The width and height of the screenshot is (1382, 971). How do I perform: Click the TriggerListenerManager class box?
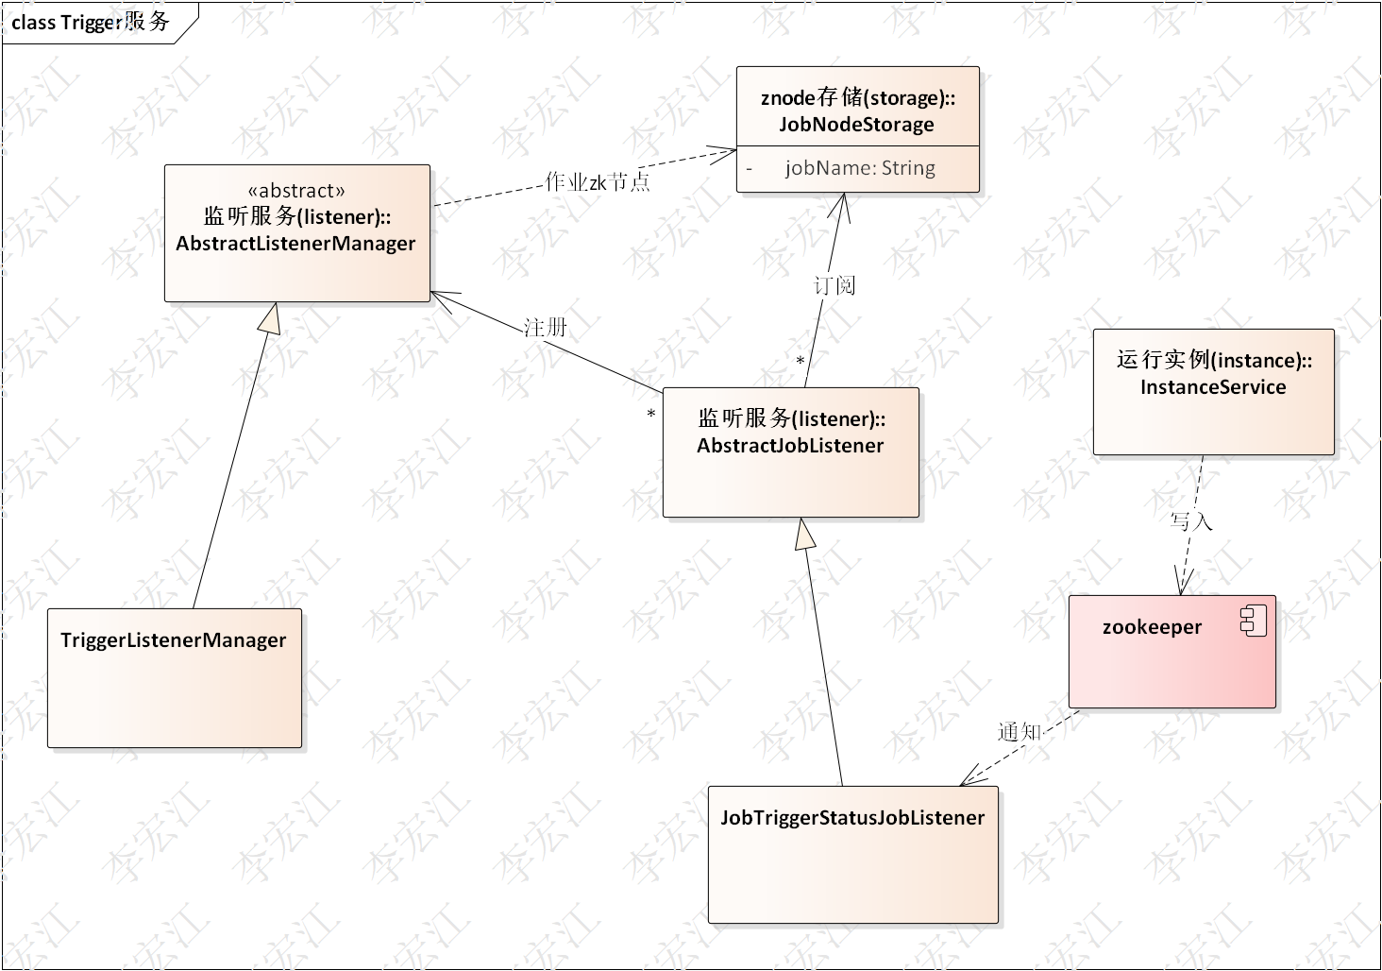pyautogui.click(x=175, y=677)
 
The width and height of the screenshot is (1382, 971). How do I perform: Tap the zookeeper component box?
pyautogui.click(x=1171, y=652)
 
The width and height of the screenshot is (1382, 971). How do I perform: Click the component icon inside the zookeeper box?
pyautogui.click(x=1253, y=622)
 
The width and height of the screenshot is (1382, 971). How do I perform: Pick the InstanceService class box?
pyautogui.click(x=1213, y=391)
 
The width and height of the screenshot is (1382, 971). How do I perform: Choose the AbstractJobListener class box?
pyautogui.click(x=790, y=451)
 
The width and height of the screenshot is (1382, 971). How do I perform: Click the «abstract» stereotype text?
pyautogui.click(x=296, y=190)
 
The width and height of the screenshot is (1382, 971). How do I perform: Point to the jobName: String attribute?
pyautogui.click(x=859, y=168)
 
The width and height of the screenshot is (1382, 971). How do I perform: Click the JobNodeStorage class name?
pyautogui.click(x=856, y=125)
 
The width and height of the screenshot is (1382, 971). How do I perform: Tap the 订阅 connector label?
pyautogui.click(x=834, y=284)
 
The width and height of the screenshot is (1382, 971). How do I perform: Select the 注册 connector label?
pyautogui.click(x=546, y=327)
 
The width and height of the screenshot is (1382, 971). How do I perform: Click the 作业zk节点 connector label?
pyautogui.click(x=598, y=181)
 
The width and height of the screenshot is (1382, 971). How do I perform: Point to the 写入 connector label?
pyautogui.click(x=1190, y=520)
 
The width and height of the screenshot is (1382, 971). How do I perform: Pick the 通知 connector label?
pyautogui.click(x=1019, y=731)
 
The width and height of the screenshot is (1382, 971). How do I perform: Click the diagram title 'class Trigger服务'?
pyautogui.click(x=91, y=22)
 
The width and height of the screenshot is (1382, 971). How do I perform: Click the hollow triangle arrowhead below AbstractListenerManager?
pyautogui.click(x=271, y=319)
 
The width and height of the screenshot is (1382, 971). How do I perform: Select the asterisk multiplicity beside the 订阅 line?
pyautogui.click(x=800, y=362)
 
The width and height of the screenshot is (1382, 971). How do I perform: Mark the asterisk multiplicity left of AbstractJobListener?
pyautogui.click(x=650, y=415)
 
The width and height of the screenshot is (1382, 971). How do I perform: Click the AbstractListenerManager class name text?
pyautogui.click(x=295, y=243)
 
